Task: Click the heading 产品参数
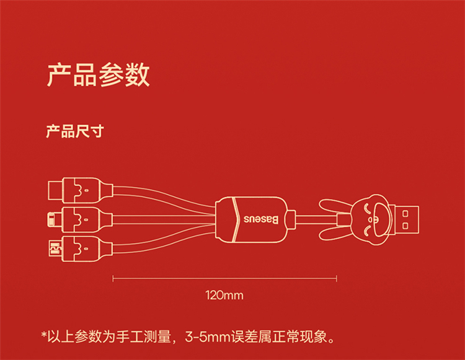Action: coord(98,74)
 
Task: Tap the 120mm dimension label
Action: coord(224,295)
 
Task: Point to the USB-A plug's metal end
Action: coord(406,219)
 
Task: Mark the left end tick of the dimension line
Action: coord(113,279)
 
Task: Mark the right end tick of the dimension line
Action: coord(337,279)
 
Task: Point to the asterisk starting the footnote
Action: coord(44,337)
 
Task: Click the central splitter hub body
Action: coord(251,219)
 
